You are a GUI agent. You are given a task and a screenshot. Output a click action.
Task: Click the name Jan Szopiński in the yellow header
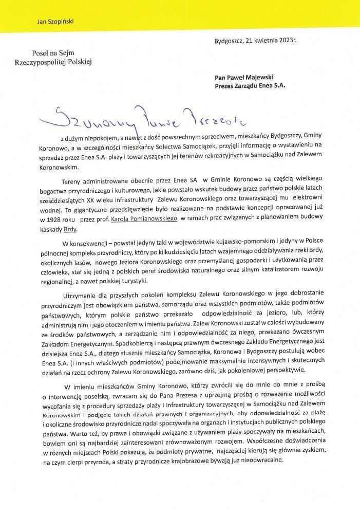click(53, 22)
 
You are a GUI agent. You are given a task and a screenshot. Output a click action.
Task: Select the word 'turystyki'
click(132, 280)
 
